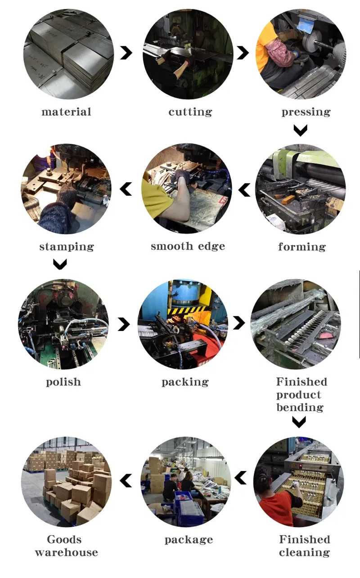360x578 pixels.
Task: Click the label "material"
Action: [66, 112]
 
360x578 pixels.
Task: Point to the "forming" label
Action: [302, 246]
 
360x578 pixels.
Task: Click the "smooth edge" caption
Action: [188, 246]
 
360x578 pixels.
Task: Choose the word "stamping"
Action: [67, 247]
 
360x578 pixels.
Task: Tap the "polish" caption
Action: [63, 382]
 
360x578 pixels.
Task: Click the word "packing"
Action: [185, 382]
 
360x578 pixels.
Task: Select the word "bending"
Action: [300, 408]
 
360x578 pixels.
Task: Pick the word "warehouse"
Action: [67, 552]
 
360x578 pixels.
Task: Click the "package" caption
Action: [189, 540]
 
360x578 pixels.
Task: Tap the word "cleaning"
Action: [305, 552]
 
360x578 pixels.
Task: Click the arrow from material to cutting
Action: [126, 53]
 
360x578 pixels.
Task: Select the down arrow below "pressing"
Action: [301, 130]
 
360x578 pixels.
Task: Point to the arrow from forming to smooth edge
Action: [244, 190]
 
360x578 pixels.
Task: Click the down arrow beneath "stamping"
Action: [60, 264]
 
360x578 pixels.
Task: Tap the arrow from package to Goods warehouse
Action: [126, 480]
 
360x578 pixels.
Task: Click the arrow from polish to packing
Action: [124, 324]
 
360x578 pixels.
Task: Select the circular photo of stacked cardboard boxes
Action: [66, 482]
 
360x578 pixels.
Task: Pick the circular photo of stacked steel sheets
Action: [68, 54]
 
